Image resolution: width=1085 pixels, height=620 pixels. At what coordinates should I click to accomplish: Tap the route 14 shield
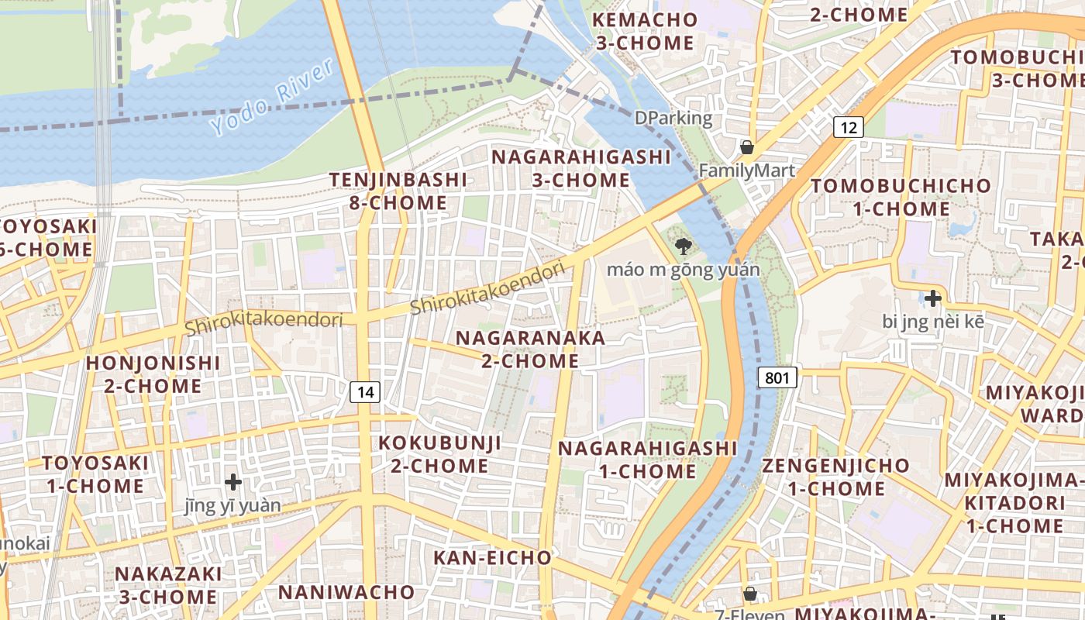[365, 392]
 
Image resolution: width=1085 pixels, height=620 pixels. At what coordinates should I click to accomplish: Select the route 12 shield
[849, 127]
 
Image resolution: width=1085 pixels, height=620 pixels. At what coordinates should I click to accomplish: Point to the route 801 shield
[777, 378]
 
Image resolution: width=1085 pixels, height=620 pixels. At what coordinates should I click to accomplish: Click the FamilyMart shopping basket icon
[747, 147]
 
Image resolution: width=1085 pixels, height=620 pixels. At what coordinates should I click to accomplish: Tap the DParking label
[673, 119]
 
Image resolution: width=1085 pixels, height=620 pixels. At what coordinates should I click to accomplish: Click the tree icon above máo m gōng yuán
[683, 247]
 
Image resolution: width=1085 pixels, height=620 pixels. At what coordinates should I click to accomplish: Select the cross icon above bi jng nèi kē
[933, 298]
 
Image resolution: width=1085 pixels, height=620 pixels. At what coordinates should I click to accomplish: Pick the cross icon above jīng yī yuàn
[233, 482]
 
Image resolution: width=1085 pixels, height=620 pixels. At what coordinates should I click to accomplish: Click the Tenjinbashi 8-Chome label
[398, 191]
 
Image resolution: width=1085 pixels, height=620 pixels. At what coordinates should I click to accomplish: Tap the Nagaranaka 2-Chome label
[530, 350]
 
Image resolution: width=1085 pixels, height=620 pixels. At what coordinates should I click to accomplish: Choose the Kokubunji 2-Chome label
[439, 454]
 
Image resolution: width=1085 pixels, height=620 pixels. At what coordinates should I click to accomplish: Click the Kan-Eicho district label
[492, 558]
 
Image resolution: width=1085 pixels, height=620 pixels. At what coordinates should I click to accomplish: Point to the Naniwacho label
[346, 592]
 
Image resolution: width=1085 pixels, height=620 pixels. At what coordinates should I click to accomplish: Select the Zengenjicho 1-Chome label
[836, 477]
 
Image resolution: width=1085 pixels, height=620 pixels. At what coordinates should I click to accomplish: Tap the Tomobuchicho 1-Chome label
[901, 197]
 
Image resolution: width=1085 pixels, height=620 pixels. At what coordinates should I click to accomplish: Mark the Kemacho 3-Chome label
[645, 31]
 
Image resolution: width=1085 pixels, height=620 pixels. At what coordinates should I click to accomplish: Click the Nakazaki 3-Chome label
[168, 585]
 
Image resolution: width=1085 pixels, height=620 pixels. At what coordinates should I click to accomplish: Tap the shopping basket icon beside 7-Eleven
[750, 594]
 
